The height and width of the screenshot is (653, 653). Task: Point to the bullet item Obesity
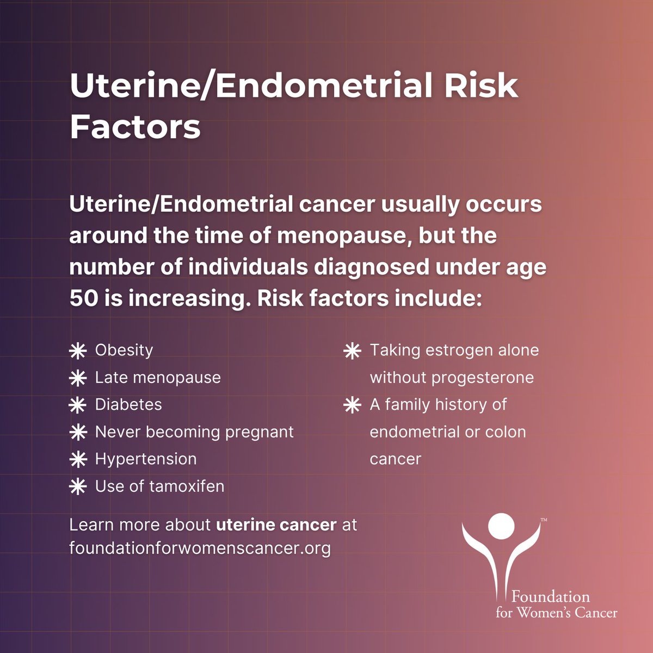[x=124, y=350]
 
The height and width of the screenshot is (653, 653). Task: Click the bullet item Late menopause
[x=158, y=377]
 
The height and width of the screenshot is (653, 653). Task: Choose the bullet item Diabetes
[x=128, y=404]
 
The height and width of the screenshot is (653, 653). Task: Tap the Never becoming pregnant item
[x=194, y=432]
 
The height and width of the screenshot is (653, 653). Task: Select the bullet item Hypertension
[x=146, y=459]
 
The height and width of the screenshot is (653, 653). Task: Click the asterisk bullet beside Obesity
[x=78, y=351]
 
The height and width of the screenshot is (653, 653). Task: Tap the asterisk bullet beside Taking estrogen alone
[x=353, y=351]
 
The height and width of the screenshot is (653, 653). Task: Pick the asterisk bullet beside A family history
[x=353, y=405]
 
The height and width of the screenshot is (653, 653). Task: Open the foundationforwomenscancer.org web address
[x=200, y=547]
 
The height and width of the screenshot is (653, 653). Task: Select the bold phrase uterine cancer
[x=276, y=525]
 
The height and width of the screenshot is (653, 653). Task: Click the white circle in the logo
[x=501, y=526]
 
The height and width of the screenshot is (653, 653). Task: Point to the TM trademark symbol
[x=544, y=521]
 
